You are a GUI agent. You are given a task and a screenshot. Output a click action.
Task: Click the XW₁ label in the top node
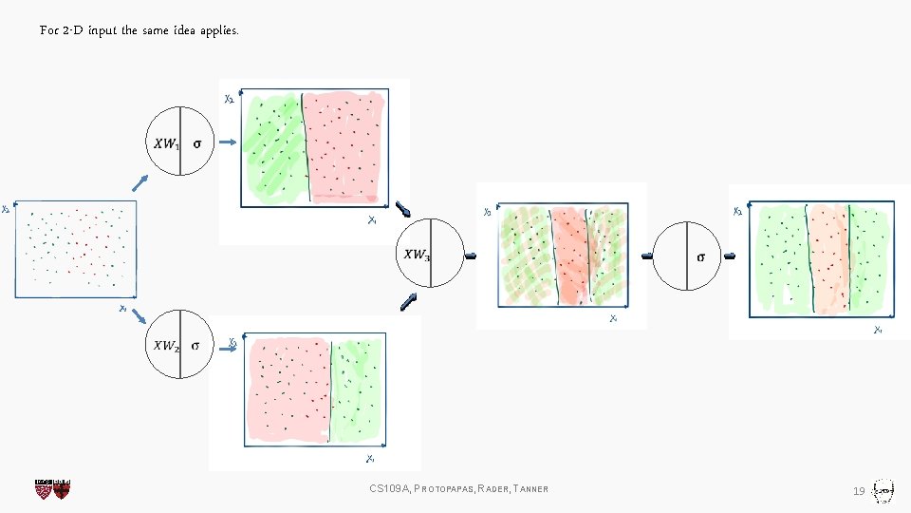pyautogui.click(x=165, y=144)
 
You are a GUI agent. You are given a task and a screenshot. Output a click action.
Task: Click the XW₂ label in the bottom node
pyautogui.click(x=165, y=346)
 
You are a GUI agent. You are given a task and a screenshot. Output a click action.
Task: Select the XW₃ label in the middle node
pyautogui.click(x=416, y=255)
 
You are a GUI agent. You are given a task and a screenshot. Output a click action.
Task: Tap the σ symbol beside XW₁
pyautogui.click(x=196, y=144)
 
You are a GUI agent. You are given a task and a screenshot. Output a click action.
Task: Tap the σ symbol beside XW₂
pyautogui.click(x=195, y=346)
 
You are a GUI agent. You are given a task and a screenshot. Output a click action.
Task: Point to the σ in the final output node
pyautogui.click(x=701, y=256)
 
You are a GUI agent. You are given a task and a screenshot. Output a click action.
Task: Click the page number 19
pyautogui.click(x=858, y=490)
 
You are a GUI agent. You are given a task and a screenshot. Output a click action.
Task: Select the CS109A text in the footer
pyautogui.click(x=389, y=489)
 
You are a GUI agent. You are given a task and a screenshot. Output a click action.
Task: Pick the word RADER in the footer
pyautogui.click(x=493, y=489)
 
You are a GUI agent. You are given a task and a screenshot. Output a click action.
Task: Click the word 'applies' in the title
pyautogui.click(x=218, y=31)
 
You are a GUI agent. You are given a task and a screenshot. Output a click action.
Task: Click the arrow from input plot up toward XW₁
pyautogui.click(x=139, y=182)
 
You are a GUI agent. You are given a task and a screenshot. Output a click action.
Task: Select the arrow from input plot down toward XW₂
pyautogui.click(x=139, y=316)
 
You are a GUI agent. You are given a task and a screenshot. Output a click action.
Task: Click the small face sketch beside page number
pyautogui.click(x=883, y=489)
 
